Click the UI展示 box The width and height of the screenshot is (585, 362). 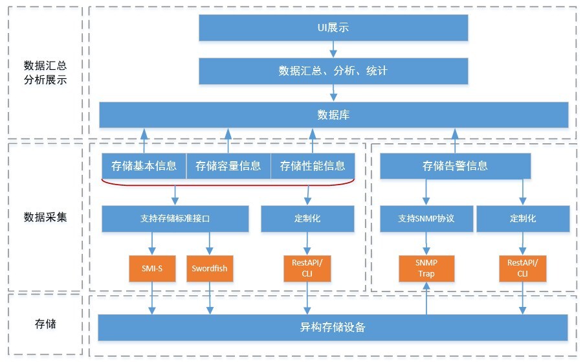[333, 28]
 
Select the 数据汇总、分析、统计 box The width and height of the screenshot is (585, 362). [333, 71]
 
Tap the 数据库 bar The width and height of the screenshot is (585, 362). [333, 115]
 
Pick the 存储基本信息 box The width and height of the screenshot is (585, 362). [144, 166]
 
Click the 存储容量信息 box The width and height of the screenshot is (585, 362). [228, 166]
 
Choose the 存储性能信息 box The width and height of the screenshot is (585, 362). [313, 166]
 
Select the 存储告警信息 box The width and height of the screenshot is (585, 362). [455, 166]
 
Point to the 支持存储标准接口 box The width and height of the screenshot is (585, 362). [175, 219]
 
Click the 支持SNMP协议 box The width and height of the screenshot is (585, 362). [426, 219]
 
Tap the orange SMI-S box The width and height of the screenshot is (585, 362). [152, 269]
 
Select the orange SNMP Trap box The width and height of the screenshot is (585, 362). [426, 269]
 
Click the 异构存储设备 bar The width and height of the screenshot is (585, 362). [333, 327]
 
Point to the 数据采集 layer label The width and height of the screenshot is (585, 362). [45, 217]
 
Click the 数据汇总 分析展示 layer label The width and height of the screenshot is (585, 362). [45, 73]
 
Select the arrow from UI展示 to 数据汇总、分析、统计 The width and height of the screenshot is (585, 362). [333, 50]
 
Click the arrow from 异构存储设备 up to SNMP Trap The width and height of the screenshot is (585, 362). [426, 299]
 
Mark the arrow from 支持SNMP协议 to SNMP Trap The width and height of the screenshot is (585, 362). [426, 244]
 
